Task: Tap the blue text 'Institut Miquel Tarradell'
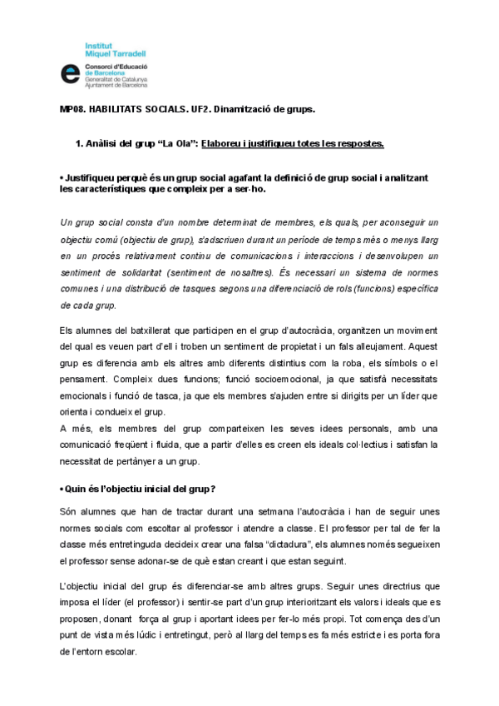click(x=112, y=47)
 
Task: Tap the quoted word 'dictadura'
click(x=275, y=544)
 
